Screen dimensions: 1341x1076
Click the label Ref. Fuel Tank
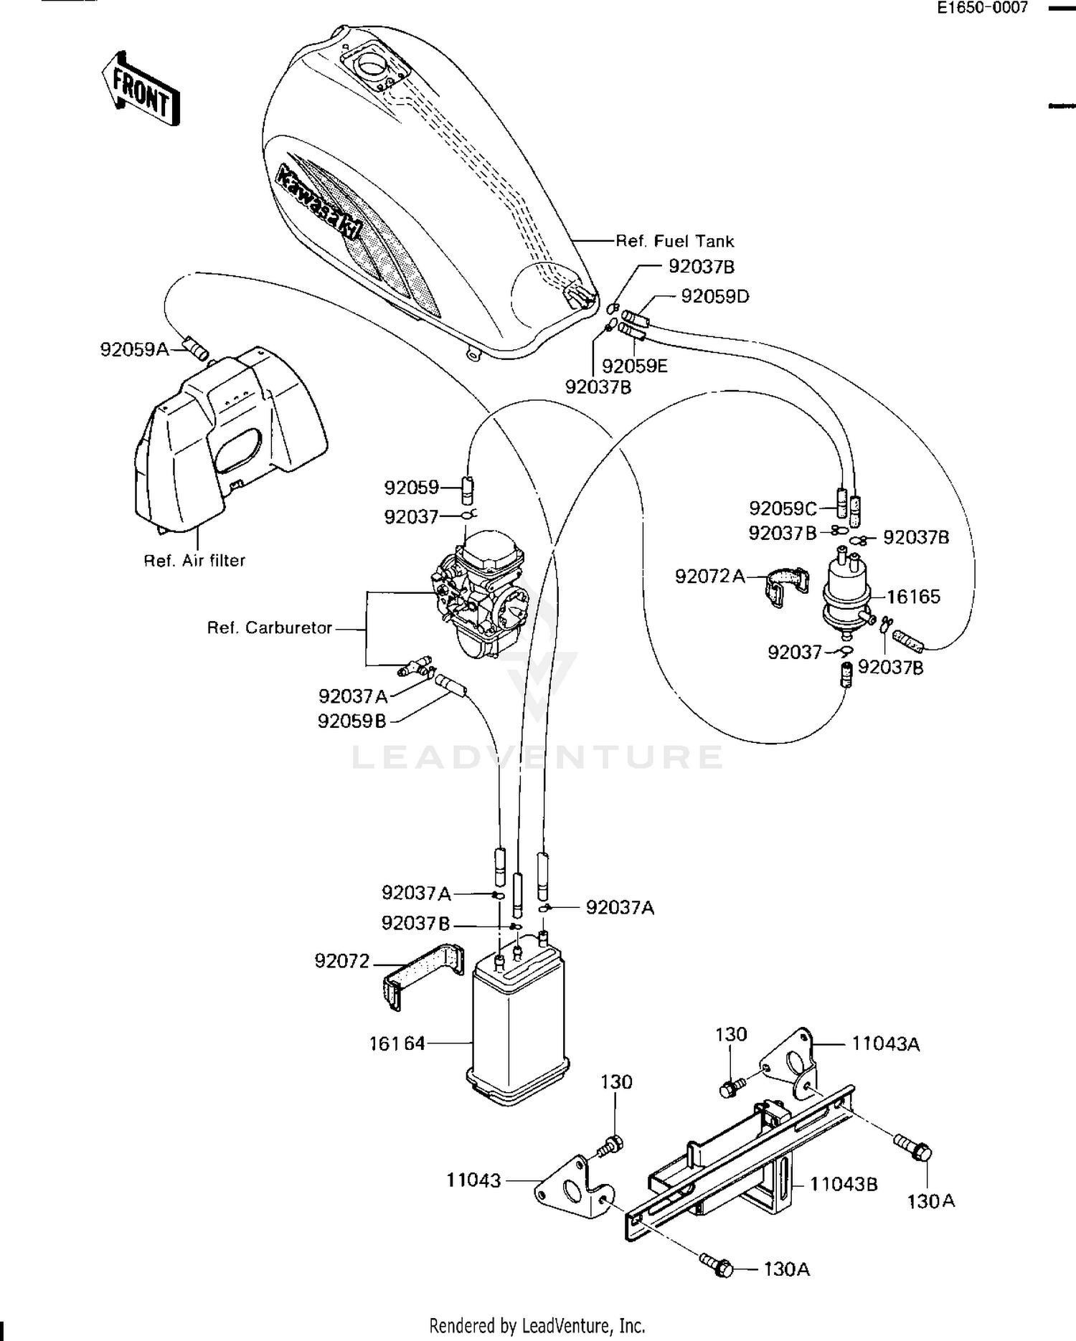(x=675, y=241)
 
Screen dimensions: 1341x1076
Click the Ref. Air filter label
(x=194, y=561)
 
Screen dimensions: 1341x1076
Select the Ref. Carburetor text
(x=270, y=628)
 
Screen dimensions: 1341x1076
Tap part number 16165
(x=913, y=597)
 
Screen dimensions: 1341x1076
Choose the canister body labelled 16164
(x=517, y=1026)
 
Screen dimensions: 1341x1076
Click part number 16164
(x=397, y=1043)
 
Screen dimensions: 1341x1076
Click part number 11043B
(x=844, y=1184)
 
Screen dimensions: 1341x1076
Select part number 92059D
(x=714, y=296)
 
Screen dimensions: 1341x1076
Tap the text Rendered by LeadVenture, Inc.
(x=537, y=1325)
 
